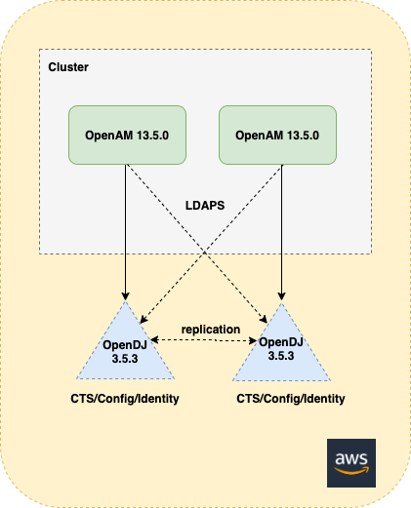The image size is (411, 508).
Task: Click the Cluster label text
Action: (68, 67)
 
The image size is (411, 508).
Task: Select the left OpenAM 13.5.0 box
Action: (127, 135)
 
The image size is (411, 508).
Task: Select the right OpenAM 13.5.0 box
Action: (277, 135)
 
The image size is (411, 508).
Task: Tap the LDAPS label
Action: (205, 206)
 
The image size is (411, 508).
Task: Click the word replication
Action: (211, 330)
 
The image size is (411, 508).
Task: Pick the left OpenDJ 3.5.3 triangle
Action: (125, 351)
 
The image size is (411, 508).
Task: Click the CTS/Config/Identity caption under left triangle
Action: (125, 399)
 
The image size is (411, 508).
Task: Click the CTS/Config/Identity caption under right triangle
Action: (291, 399)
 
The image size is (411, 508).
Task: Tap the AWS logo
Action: (351, 463)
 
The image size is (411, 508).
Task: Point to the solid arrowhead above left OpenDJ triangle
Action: (125, 296)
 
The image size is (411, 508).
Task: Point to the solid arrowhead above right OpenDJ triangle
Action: (281, 296)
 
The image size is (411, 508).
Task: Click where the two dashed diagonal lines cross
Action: (204, 252)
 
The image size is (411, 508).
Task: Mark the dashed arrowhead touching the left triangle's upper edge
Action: (144, 319)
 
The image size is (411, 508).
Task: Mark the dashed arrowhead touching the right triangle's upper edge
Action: (264, 319)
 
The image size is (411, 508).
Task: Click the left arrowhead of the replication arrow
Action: (154, 340)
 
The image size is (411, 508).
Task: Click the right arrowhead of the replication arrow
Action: (253, 340)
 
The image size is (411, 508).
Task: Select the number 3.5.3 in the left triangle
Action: (125, 359)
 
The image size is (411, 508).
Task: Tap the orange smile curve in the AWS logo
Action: (351, 471)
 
